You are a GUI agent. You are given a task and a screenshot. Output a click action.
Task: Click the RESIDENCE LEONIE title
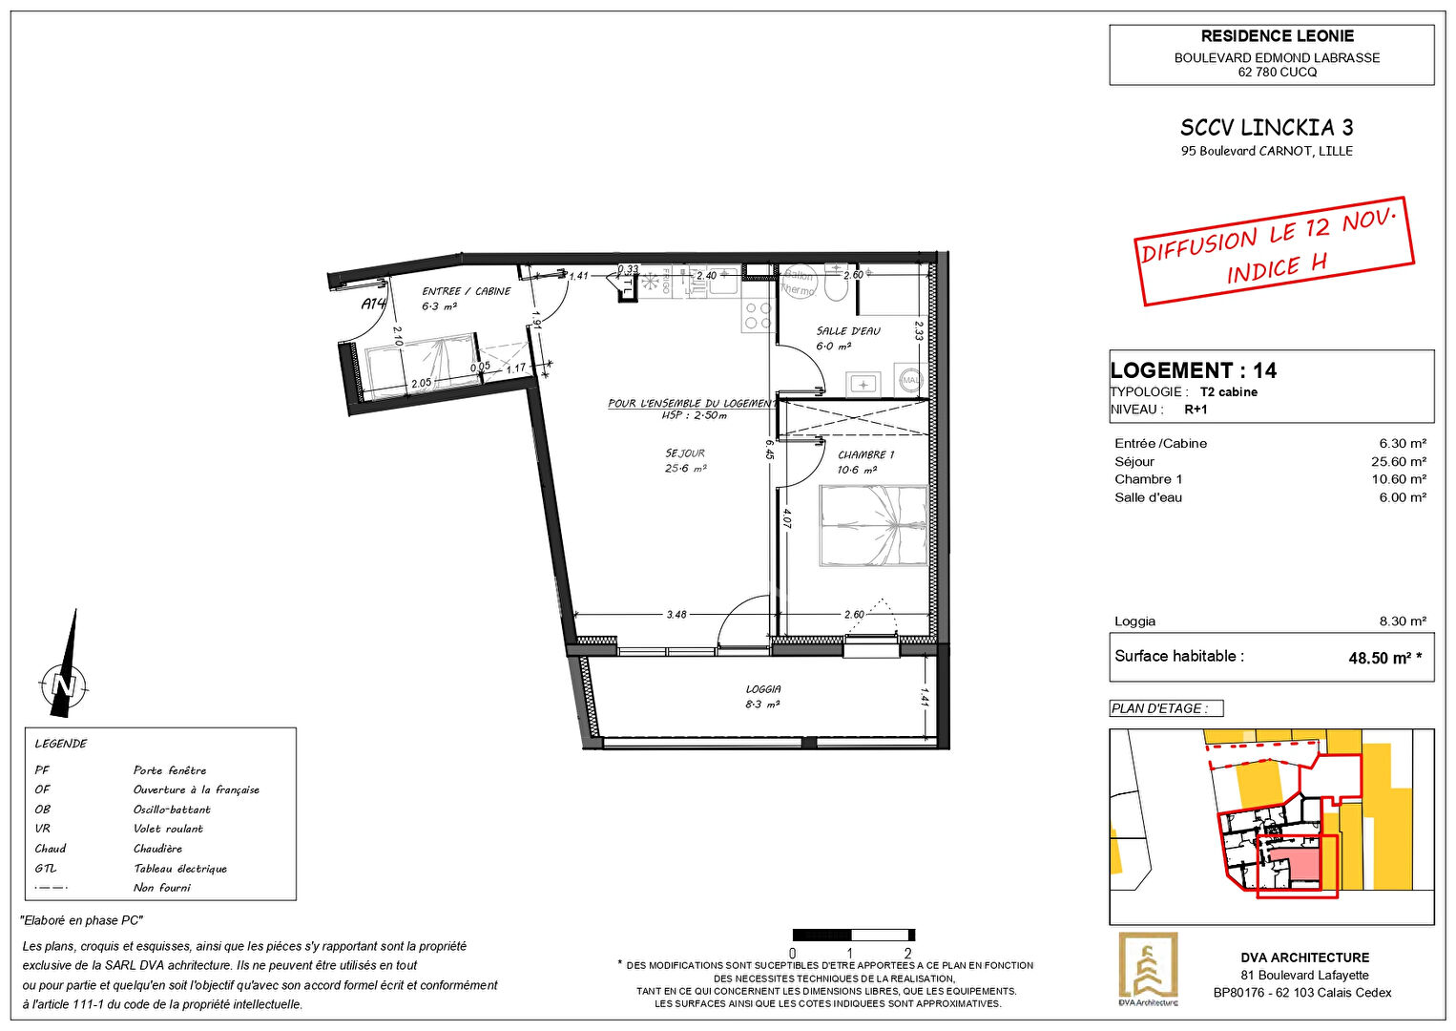point(1277,36)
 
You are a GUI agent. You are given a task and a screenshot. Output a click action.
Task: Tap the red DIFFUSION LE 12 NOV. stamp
point(1274,250)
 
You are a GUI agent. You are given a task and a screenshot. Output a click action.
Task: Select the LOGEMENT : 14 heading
point(1193,370)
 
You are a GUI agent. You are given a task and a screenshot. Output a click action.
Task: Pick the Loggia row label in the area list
point(1134,621)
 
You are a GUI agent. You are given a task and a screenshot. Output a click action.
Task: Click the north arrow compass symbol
point(64,673)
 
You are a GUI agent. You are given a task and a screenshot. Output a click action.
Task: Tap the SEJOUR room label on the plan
point(685,453)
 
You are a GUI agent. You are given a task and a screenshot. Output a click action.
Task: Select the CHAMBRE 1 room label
point(865,455)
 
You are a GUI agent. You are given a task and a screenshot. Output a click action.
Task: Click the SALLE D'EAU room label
point(847,331)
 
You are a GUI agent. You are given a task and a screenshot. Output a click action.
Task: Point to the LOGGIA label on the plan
point(763,688)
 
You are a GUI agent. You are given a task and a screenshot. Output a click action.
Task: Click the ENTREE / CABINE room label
point(467,291)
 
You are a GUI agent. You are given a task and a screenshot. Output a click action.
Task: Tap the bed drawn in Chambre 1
point(873,525)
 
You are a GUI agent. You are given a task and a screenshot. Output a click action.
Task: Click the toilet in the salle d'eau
point(836,284)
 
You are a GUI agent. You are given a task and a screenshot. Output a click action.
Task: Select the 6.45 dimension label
point(769,449)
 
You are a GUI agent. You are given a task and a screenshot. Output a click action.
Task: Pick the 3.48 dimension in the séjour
point(676,615)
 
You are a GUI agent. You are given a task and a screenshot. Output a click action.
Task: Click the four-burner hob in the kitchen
point(758,316)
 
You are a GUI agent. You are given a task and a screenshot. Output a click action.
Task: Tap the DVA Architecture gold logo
point(1148,968)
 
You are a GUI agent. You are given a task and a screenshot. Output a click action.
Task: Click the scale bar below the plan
point(853,936)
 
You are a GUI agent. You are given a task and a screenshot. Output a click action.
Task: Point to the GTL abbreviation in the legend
point(46,869)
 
